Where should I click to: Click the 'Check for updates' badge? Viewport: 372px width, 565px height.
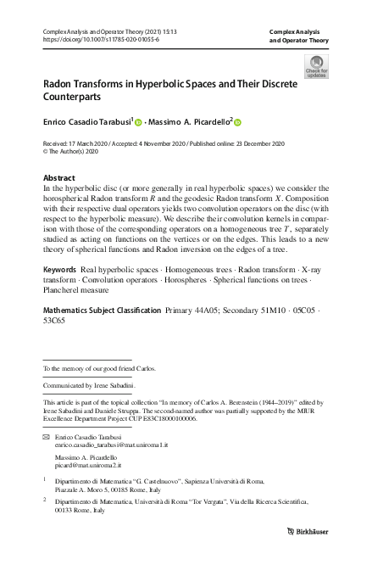tap(316, 67)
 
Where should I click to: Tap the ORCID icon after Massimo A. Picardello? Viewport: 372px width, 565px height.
tap(238, 122)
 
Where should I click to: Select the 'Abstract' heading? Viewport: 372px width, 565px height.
tap(58, 178)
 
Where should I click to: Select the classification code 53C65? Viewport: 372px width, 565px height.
tap(57, 322)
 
